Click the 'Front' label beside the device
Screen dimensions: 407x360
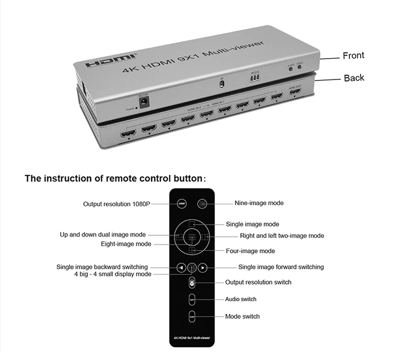353,56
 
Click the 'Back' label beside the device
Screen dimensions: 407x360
354,78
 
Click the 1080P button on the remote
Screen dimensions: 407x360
181,203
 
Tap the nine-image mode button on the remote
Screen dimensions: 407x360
202,203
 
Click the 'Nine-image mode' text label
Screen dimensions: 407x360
259,203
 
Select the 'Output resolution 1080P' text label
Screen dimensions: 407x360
117,204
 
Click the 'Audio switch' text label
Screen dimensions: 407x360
241,299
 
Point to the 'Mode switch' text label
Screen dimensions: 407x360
242,316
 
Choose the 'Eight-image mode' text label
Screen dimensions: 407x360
126,244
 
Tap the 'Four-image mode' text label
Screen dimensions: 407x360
250,251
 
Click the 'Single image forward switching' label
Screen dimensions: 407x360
281,267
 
